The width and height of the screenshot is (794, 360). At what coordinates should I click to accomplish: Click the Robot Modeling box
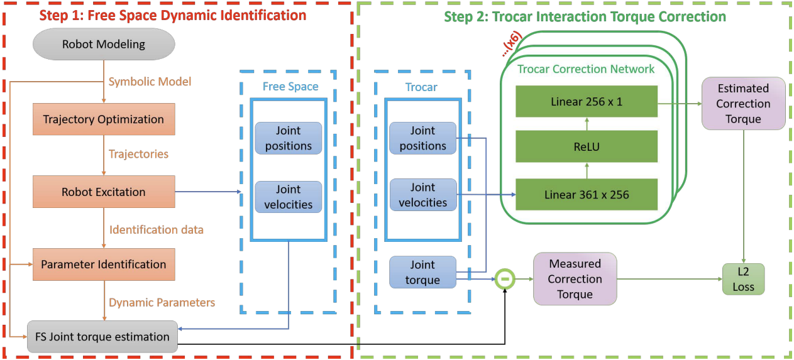[x=104, y=44]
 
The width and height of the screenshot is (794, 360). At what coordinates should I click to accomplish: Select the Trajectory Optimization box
[x=104, y=119]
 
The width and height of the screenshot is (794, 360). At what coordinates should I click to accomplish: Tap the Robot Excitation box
[x=104, y=192]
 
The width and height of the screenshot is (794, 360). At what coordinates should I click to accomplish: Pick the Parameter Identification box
[x=104, y=265]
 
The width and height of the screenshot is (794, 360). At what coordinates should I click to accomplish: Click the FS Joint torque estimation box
[x=102, y=337]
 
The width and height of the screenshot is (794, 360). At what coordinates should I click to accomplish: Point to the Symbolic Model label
[x=150, y=82]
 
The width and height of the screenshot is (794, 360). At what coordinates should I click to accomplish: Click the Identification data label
[x=157, y=230]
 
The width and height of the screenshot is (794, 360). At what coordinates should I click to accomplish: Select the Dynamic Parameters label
[x=162, y=302]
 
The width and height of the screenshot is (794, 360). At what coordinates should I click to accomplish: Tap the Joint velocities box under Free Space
[x=289, y=197]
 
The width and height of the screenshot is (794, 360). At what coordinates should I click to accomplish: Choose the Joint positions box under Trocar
[x=422, y=138]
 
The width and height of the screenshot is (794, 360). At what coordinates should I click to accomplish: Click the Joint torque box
[x=422, y=272]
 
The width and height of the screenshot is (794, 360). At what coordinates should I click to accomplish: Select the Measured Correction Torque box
[x=575, y=279]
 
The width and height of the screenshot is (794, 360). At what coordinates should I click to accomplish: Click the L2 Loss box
[x=743, y=279]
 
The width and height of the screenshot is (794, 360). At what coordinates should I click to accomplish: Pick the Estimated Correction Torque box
[x=743, y=104]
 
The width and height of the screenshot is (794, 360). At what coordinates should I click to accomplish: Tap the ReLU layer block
[x=586, y=147]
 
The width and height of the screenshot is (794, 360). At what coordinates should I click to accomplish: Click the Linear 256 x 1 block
[x=586, y=101]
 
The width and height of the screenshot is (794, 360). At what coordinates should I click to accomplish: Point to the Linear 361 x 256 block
[x=586, y=195]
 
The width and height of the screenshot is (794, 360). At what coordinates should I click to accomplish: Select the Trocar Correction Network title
[x=586, y=69]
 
